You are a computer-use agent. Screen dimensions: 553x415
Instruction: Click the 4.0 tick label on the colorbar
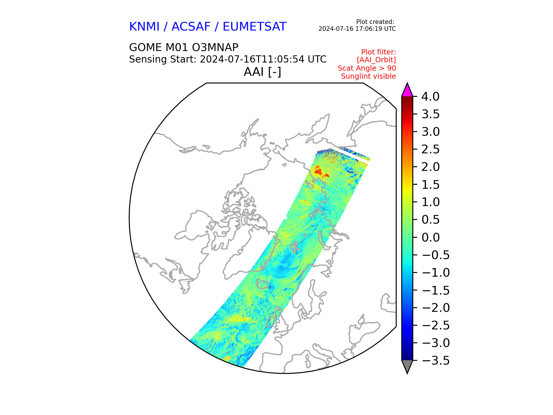(x=430, y=97)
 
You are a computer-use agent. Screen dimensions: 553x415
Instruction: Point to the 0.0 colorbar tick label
(x=430, y=237)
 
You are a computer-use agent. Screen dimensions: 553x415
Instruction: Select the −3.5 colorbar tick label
(x=435, y=361)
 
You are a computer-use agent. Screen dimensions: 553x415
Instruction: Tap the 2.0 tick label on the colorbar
(x=430, y=167)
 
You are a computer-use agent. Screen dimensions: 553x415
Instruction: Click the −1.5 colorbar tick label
(x=435, y=290)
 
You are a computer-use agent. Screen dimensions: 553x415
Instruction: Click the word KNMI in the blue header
(x=144, y=27)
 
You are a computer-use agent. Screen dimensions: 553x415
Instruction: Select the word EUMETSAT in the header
(x=255, y=27)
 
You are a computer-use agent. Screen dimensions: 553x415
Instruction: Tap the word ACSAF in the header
(x=191, y=27)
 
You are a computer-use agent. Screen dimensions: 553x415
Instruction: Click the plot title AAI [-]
(x=262, y=72)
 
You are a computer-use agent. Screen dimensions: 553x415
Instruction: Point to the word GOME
(x=145, y=47)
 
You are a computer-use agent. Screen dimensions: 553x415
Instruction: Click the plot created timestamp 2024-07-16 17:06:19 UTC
(x=357, y=29)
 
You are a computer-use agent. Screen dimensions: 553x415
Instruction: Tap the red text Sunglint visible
(x=368, y=76)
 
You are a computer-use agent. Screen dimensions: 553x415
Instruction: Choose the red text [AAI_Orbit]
(x=376, y=60)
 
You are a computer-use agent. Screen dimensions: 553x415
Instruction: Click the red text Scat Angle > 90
(x=367, y=68)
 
